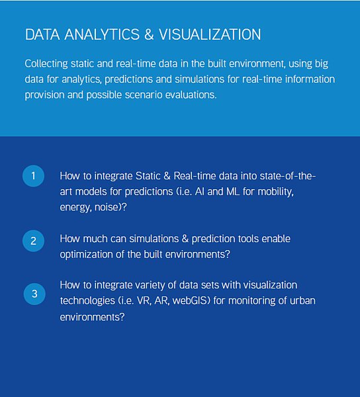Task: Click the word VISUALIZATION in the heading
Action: pos(210,34)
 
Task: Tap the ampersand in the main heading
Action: pos(149,34)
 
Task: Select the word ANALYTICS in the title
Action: pos(102,34)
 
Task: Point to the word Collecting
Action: pos(46,64)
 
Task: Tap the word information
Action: pos(310,79)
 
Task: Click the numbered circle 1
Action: pos(33,176)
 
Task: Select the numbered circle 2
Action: pos(33,241)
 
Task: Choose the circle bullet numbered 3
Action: pos(34,294)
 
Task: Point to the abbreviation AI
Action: pos(199,192)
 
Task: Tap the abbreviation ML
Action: pos(233,192)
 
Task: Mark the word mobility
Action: pos(275,192)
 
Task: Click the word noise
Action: pos(107,207)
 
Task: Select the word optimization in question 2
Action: pos(86,255)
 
